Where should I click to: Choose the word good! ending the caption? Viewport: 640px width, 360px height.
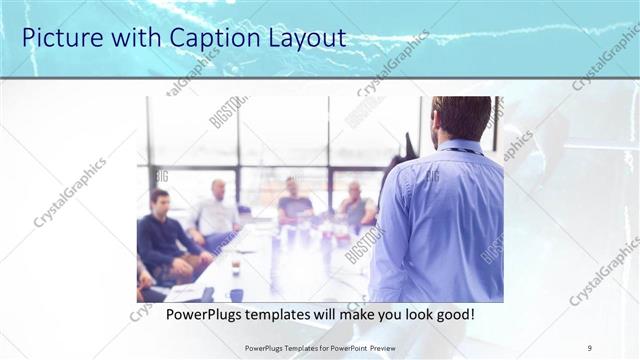453,313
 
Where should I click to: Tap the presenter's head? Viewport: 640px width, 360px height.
461,117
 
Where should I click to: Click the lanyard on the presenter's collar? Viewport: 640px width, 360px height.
458,151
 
